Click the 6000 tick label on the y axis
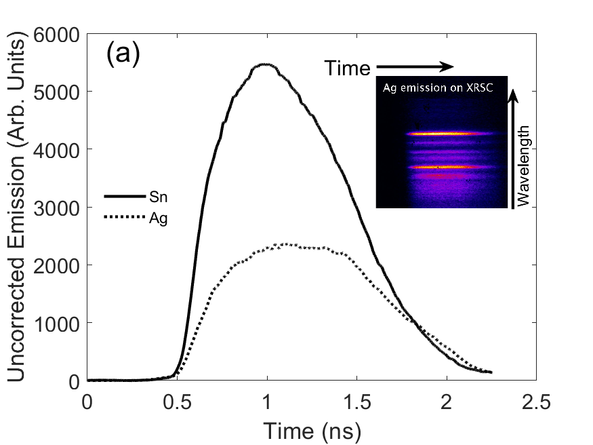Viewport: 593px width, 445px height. click(57, 35)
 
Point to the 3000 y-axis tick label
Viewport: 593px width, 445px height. click(57, 208)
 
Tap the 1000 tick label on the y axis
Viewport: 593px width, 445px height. click(57, 324)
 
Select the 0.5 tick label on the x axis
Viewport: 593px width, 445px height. click(177, 402)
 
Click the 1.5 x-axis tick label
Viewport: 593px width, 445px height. click(356, 402)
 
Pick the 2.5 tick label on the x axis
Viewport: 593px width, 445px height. click(536, 402)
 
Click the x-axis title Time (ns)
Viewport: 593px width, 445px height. click(312, 431)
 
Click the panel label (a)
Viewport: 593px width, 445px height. click(123, 54)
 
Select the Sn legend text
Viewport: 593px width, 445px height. click(159, 197)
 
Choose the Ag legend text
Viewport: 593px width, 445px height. click(159, 218)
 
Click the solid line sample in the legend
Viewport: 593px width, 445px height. click(125, 197)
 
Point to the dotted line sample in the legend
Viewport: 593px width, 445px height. click(125, 217)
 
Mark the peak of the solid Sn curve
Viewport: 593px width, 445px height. click(266, 64)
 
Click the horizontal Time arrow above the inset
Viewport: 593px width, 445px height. click(415, 67)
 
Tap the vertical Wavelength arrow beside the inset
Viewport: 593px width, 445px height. click(512, 149)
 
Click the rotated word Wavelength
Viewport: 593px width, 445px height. click(523, 166)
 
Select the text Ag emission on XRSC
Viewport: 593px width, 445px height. click(438, 88)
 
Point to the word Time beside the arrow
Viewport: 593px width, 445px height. click(348, 69)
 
